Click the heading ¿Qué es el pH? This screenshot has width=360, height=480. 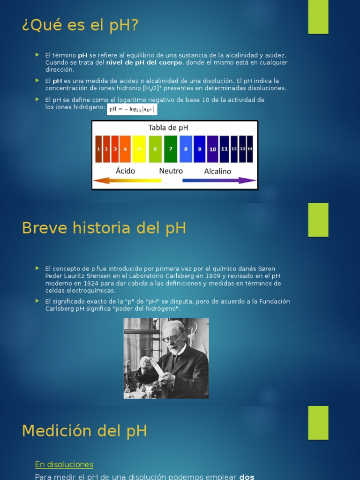81,25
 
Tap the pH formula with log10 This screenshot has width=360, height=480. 132,110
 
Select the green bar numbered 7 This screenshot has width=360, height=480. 171,149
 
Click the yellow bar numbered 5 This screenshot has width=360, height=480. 139,149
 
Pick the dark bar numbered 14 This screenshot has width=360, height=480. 250,149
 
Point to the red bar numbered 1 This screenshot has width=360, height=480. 98,149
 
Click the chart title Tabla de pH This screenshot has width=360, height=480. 168,127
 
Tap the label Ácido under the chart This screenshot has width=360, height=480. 125,171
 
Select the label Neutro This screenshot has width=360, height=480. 171,171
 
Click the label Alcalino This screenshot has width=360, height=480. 217,171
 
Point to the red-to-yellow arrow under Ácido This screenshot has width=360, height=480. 127,180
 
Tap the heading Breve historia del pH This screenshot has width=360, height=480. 104,228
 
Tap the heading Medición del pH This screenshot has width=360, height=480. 84,430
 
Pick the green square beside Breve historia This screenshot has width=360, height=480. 318,220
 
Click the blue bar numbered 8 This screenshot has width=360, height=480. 186,149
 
